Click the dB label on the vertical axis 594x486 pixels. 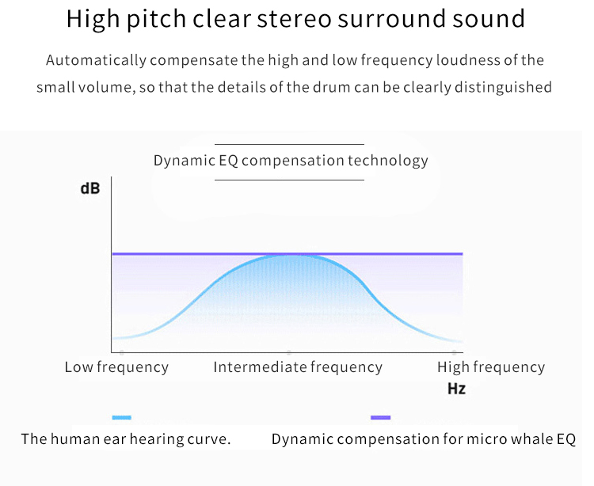[x=90, y=188]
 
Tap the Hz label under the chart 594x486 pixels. [x=456, y=389]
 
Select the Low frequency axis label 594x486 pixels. [x=116, y=367]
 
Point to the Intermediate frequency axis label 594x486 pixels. [x=298, y=367]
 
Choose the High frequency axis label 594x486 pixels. [x=491, y=367]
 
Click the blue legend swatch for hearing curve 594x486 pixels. [x=122, y=417]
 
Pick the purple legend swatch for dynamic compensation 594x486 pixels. [x=380, y=417]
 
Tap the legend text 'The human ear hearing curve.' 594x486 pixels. [x=126, y=439]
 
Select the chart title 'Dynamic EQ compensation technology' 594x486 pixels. [x=291, y=161]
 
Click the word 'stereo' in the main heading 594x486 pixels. [x=295, y=19]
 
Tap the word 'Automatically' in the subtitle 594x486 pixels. [x=96, y=61]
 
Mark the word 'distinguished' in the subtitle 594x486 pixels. [x=503, y=88]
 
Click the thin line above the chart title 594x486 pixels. [x=289, y=144]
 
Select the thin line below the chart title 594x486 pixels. [x=289, y=180]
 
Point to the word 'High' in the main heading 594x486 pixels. [x=93, y=20]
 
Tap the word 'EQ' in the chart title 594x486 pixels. [x=228, y=161]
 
